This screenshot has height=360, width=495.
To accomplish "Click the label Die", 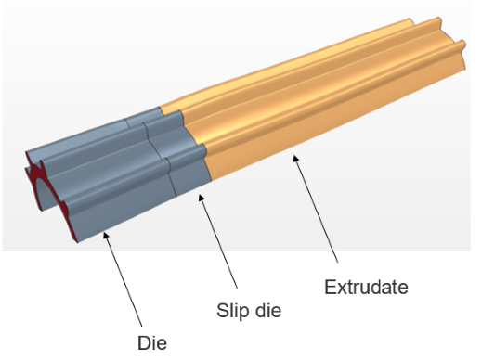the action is click(x=152, y=343).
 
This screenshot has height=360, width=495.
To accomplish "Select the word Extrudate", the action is click(x=366, y=287).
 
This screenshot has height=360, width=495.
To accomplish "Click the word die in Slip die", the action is click(x=268, y=310).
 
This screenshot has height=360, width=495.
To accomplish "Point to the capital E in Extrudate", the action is click(x=330, y=287).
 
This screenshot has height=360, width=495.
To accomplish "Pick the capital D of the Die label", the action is click(x=144, y=343).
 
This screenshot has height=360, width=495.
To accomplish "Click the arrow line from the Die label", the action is click(x=123, y=279).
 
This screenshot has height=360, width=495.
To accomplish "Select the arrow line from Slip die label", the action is click(x=218, y=241).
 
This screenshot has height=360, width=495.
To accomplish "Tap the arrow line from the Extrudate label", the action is click(x=316, y=208).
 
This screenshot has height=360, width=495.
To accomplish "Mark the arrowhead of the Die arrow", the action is click(x=106, y=236).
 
